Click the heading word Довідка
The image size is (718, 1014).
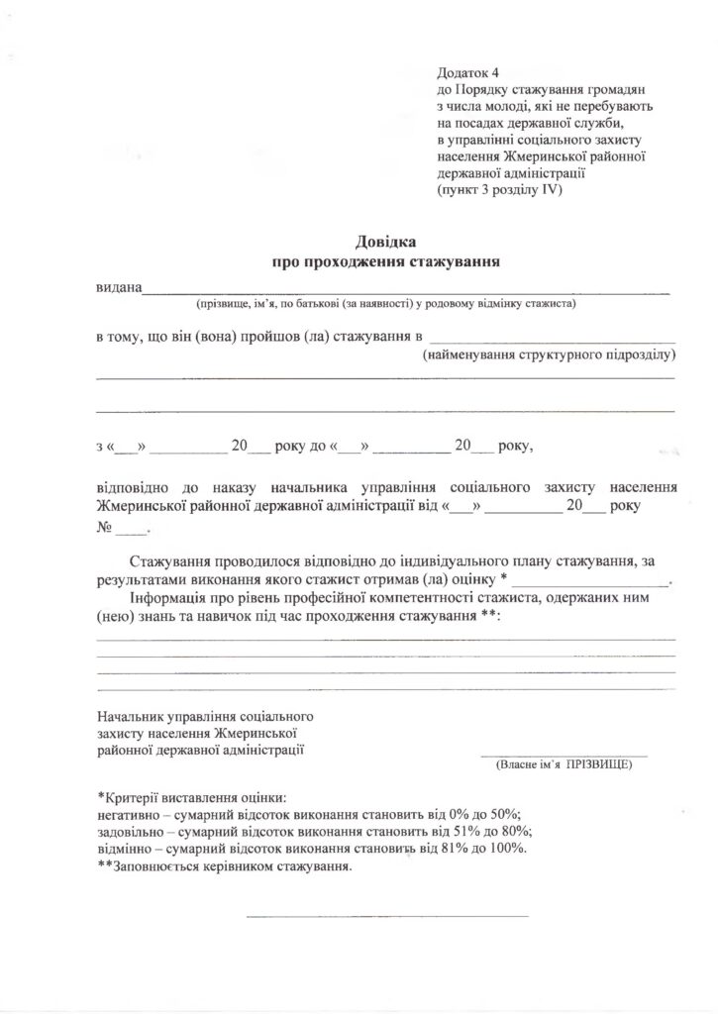[x=387, y=242]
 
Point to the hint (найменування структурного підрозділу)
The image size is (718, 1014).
[x=548, y=354]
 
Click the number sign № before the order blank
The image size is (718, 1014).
[x=103, y=527]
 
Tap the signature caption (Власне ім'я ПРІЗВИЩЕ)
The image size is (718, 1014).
[x=563, y=765]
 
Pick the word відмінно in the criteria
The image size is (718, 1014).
[x=125, y=850]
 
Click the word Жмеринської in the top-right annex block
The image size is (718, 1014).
[x=568, y=155]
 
